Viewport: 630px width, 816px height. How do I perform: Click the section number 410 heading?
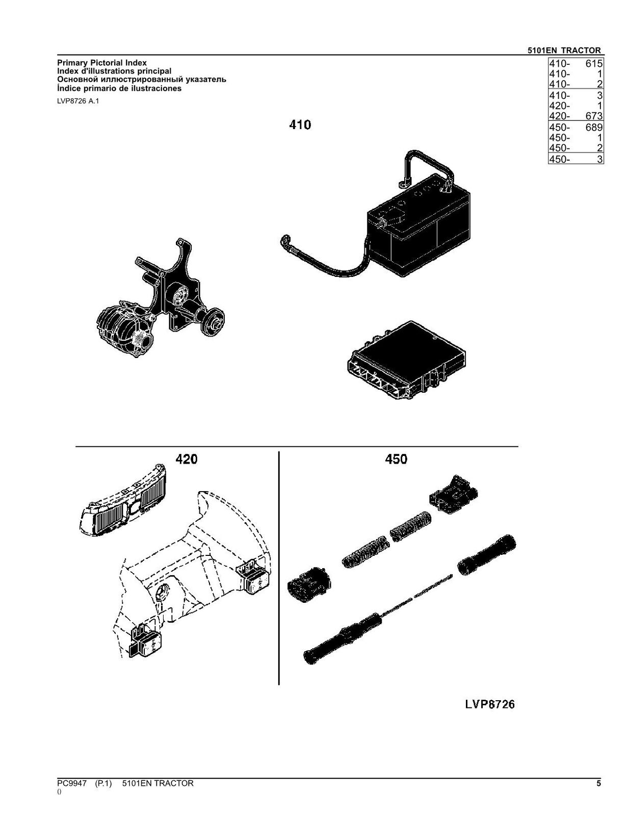pos(300,125)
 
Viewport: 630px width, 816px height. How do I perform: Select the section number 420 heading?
pos(186,460)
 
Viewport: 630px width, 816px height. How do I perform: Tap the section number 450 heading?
pos(396,460)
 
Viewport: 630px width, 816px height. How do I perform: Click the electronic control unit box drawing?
pos(406,360)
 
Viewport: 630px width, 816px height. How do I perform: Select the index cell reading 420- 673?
pos(575,116)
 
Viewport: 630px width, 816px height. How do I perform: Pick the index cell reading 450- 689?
pos(575,127)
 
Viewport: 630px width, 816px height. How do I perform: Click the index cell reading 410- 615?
pos(575,64)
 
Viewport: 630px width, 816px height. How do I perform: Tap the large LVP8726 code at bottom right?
pos(489,704)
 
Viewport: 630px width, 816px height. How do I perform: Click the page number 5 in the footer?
pos(598,783)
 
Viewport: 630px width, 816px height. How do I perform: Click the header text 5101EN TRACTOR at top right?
pos(564,50)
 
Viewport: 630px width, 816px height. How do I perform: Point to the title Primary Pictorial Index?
pos(101,63)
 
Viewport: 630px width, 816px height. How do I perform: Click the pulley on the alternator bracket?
pos(213,322)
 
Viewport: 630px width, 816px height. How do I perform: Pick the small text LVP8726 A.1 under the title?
pos(78,101)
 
